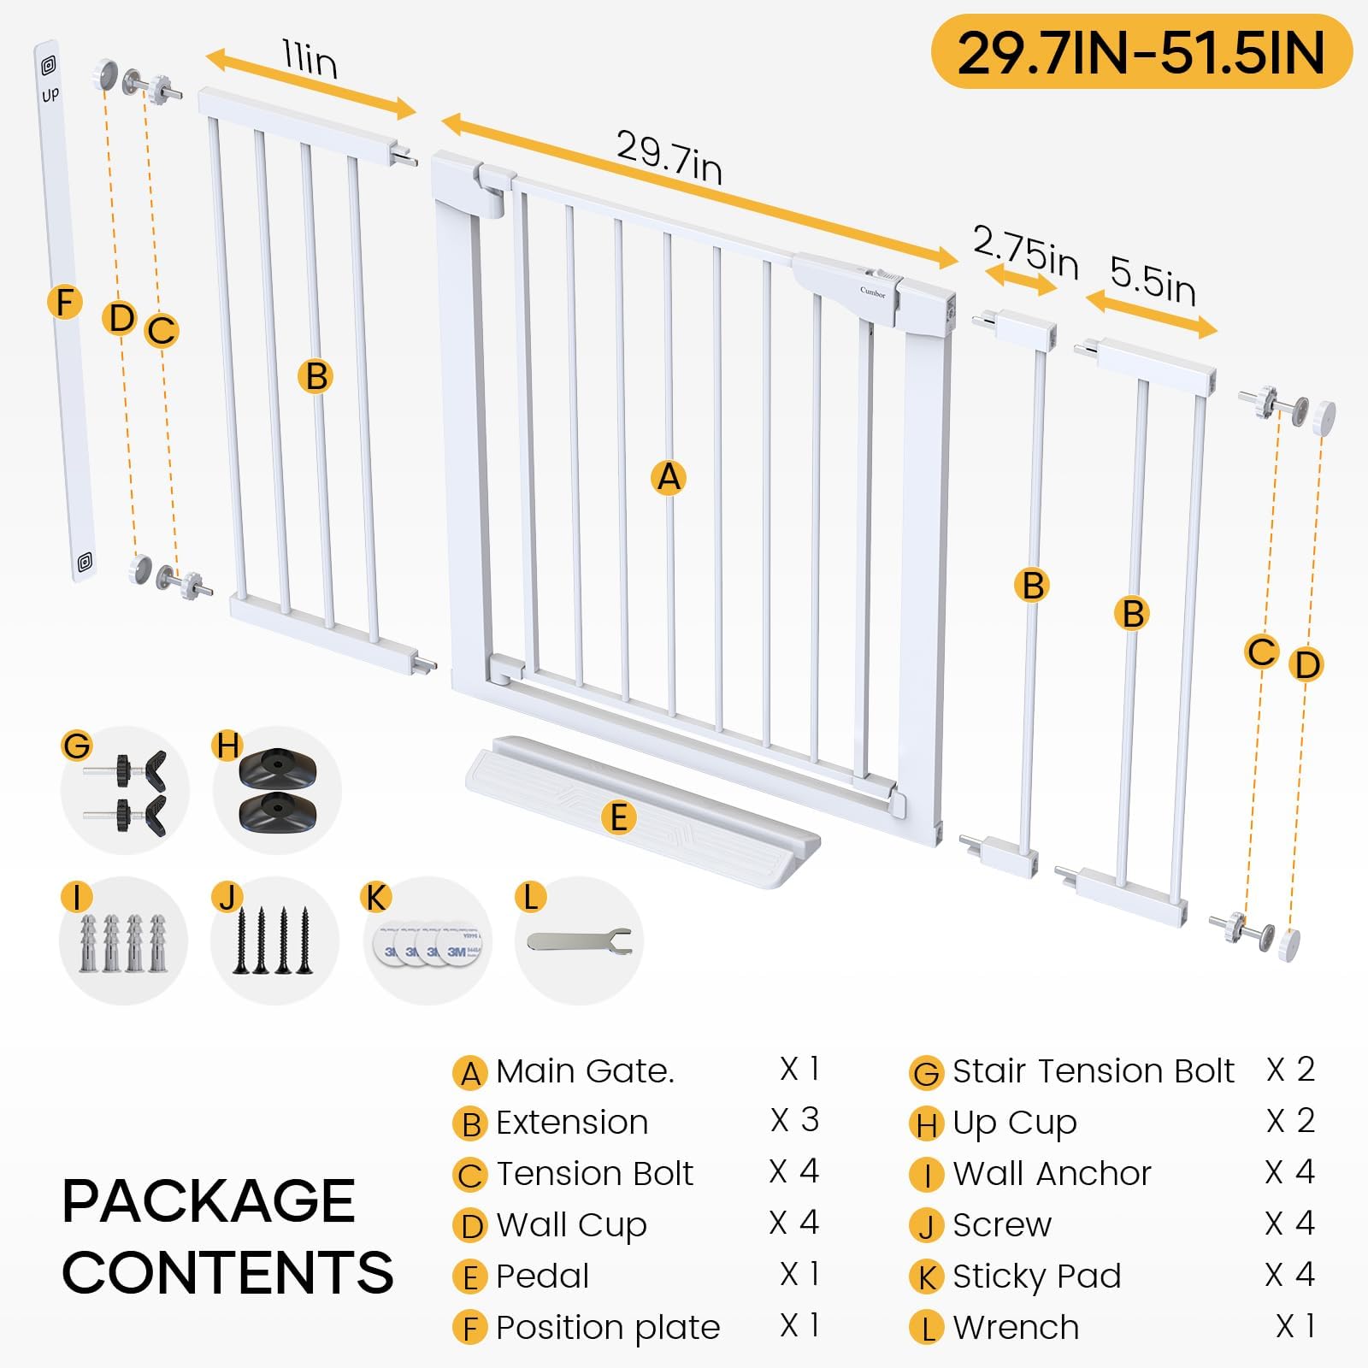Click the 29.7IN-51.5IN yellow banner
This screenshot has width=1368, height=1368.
1142,52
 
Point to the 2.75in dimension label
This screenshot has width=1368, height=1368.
1026,251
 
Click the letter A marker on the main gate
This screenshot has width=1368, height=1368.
669,477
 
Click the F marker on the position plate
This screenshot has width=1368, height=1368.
65,302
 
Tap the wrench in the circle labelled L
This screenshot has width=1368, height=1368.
580,941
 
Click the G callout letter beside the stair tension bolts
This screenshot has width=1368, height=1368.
77,746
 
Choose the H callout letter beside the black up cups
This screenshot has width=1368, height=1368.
227,746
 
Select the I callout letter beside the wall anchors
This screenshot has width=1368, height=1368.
77,898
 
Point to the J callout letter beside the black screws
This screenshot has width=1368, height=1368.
227,898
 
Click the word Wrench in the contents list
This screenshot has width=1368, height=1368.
1016,1327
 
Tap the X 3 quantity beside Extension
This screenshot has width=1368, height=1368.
794,1120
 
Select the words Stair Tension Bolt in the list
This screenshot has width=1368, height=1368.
1094,1070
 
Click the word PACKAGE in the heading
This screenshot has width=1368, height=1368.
209,1200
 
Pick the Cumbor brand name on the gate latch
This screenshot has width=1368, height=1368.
873,292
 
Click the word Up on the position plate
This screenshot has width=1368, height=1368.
50,94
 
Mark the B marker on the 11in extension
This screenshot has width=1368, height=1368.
316,376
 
